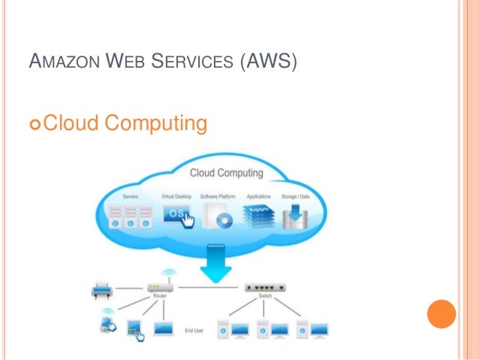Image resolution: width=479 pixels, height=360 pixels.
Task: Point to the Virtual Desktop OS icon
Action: [x=176, y=215]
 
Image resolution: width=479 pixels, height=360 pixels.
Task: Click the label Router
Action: [x=161, y=298]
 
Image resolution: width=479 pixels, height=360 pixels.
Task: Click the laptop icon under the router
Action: [x=164, y=328]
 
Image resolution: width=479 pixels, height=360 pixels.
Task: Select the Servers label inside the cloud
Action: [x=130, y=196]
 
